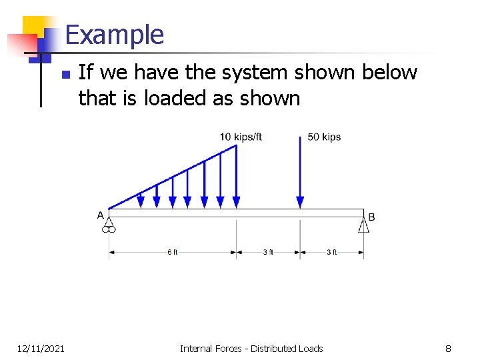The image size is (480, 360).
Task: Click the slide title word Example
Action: pyautogui.click(x=115, y=35)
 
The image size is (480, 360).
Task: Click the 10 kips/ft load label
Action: pyautogui.click(x=241, y=137)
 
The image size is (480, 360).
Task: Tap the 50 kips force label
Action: pyautogui.click(x=324, y=137)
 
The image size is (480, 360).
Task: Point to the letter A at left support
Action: pyautogui.click(x=101, y=215)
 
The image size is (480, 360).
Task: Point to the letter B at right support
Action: pyautogui.click(x=371, y=217)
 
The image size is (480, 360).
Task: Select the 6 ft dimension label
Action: pyautogui.click(x=172, y=252)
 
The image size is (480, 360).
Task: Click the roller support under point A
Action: pyautogui.click(x=109, y=225)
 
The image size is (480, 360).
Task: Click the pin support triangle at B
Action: pyautogui.click(x=363, y=225)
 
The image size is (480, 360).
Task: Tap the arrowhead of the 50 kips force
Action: pyautogui.click(x=300, y=201)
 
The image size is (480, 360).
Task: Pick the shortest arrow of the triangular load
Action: pyautogui.click(x=141, y=199)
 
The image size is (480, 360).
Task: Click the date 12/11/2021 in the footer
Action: pyautogui.click(x=41, y=349)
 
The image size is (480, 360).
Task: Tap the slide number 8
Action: pyautogui.click(x=448, y=349)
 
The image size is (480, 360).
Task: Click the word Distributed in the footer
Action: pyautogui.click(x=275, y=349)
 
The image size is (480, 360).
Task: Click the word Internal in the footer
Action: pyautogui.click(x=196, y=349)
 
